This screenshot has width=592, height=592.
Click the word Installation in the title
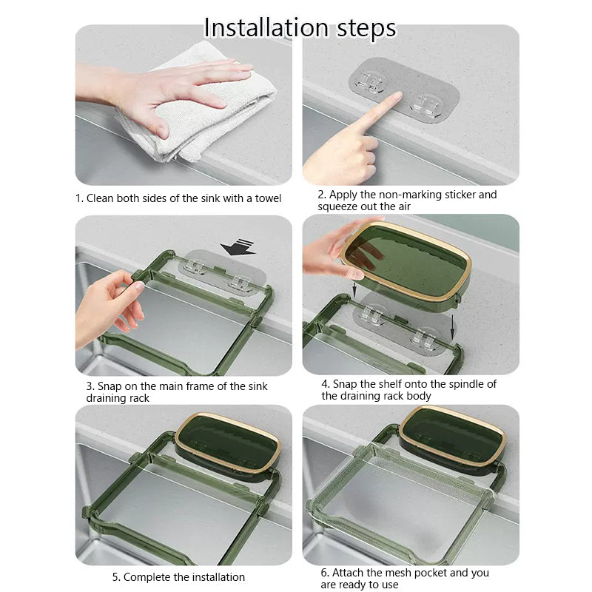coord(265,28)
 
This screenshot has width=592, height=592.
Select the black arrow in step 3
coord(238,246)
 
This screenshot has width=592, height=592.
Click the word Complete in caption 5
coord(144,577)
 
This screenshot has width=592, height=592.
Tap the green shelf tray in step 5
coord(228,444)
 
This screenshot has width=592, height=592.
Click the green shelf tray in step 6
coord(453,437)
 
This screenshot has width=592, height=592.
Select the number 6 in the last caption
coord(324,573)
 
